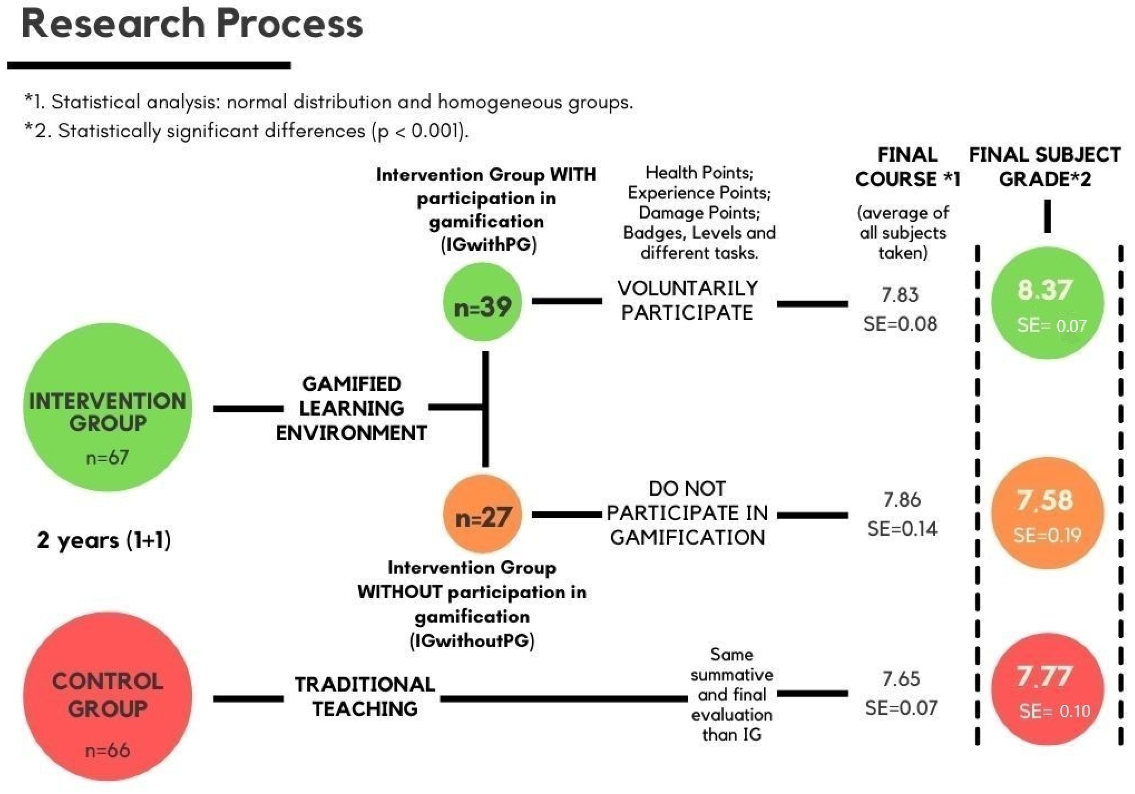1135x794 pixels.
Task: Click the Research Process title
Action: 192,24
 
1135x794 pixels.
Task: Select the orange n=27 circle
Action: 482,514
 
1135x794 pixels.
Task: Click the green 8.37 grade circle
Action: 1047,302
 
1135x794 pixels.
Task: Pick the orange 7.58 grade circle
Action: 1047,513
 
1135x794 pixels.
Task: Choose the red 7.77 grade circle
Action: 1047,689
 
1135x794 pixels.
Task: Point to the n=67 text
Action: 107,457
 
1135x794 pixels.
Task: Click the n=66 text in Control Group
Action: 107,750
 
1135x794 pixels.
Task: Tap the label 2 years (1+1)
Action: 104,540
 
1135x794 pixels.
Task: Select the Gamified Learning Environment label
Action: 352,408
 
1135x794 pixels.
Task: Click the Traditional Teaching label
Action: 365,697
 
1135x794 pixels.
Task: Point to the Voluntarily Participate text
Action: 687,300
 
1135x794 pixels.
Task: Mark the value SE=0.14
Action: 902,529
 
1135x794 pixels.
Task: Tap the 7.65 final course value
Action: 901,679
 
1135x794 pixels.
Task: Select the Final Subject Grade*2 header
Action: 1045,167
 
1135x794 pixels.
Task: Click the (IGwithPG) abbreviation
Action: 488,244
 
